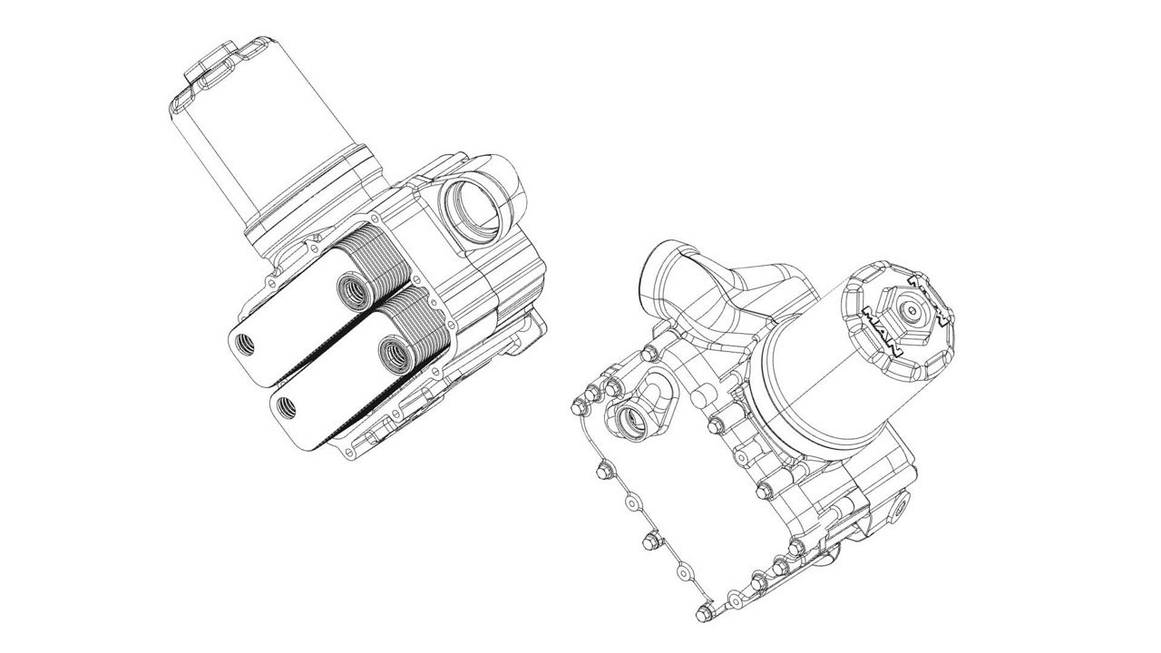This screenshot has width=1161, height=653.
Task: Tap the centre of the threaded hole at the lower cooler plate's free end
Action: coord(285,405)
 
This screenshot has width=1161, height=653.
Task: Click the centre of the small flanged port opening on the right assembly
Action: coord(630,421)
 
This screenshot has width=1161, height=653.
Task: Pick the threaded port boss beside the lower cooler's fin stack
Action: coord(395,354)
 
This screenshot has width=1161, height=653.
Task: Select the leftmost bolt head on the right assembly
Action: coord(578,408)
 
